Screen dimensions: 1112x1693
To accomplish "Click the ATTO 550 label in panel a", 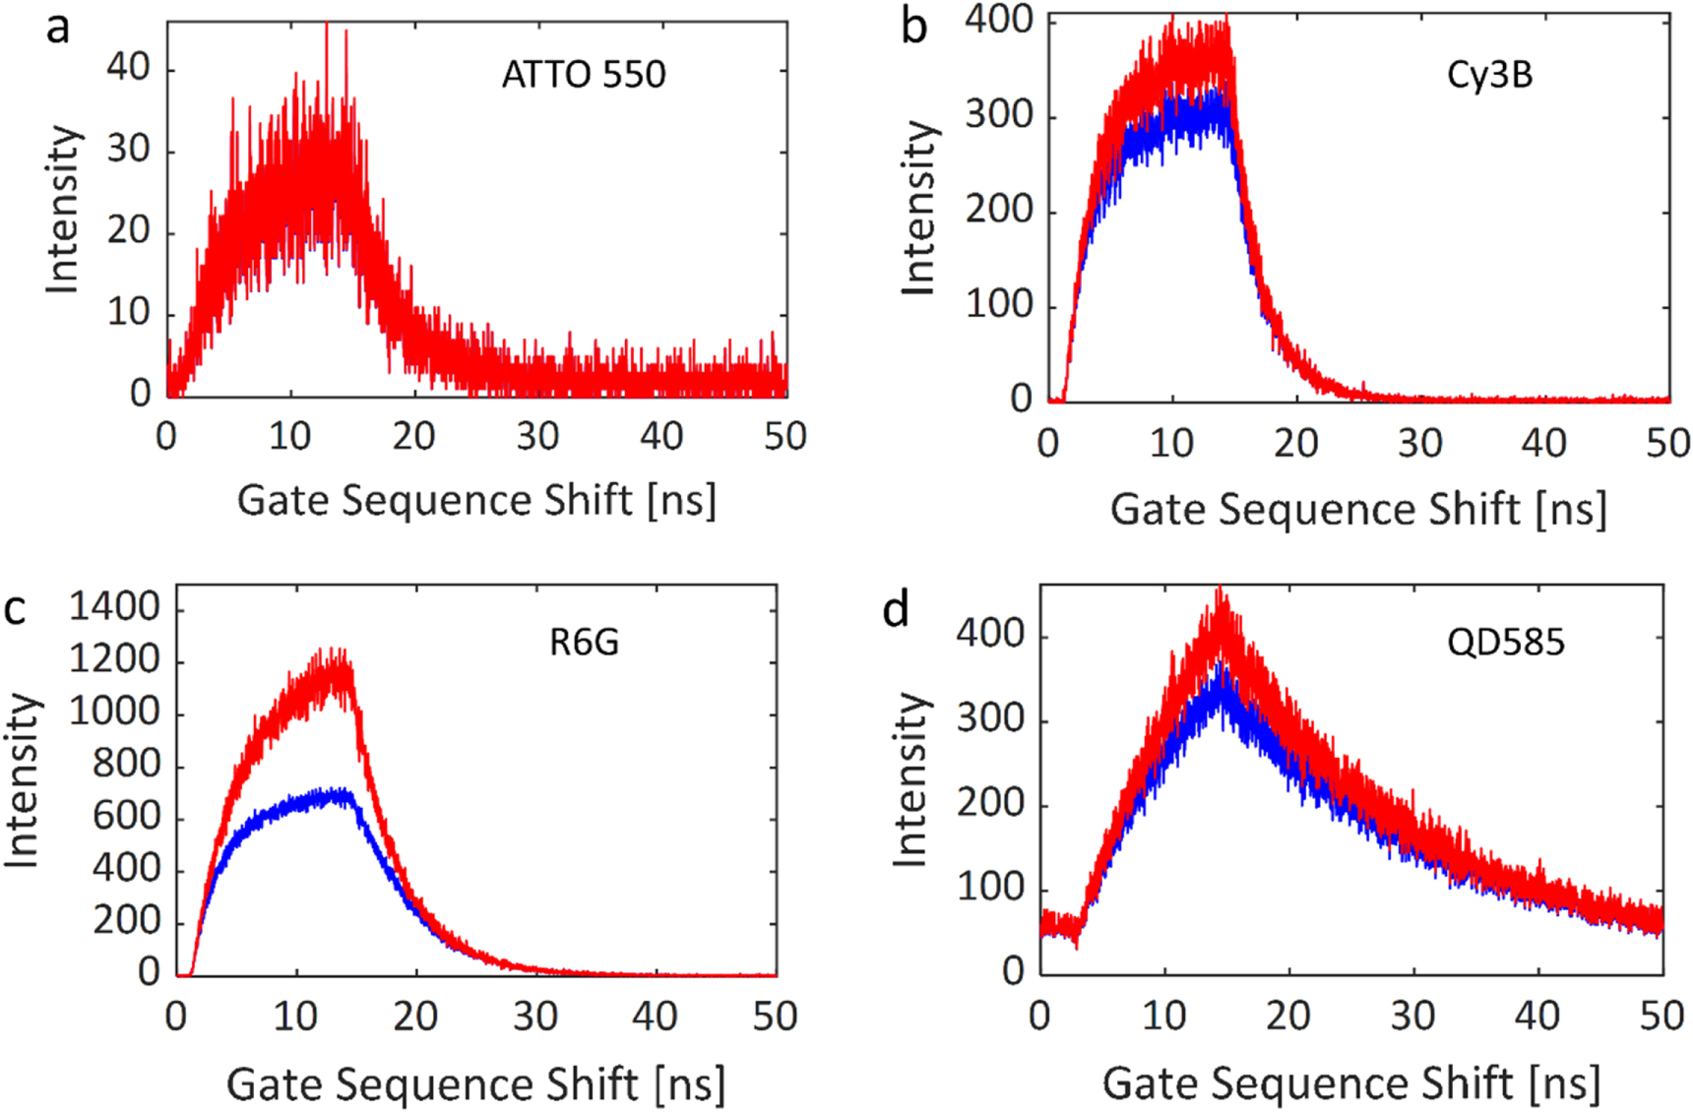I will point(584,75).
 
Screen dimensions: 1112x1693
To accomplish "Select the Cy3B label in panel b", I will point(1489,75).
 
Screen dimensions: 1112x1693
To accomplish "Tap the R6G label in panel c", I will point(584,643).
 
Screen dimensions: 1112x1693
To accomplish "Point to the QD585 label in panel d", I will point(1505,643).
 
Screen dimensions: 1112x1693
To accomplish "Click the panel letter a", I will point(58,28).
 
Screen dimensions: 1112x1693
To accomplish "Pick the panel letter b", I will point(913,28).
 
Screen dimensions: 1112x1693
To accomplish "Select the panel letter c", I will point(15,609).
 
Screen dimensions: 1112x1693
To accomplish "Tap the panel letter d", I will point(895,610).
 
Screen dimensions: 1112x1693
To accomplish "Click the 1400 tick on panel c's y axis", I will point(114,607).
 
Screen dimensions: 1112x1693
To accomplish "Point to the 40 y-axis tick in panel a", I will point(128,68).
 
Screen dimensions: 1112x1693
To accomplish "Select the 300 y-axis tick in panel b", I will point(998,115).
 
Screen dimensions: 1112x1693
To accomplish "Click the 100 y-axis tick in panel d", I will point(990,888).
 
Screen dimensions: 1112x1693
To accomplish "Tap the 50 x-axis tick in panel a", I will point(784,436).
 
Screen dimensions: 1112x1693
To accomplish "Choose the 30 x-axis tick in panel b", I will point(1419,444).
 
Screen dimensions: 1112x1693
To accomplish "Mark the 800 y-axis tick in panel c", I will point(126,764).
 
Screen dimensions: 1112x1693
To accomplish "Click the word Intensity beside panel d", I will point(910,779).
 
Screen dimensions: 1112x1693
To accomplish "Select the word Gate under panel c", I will point(272,1084).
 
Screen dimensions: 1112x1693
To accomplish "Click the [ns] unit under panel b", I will point(1571,510).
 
